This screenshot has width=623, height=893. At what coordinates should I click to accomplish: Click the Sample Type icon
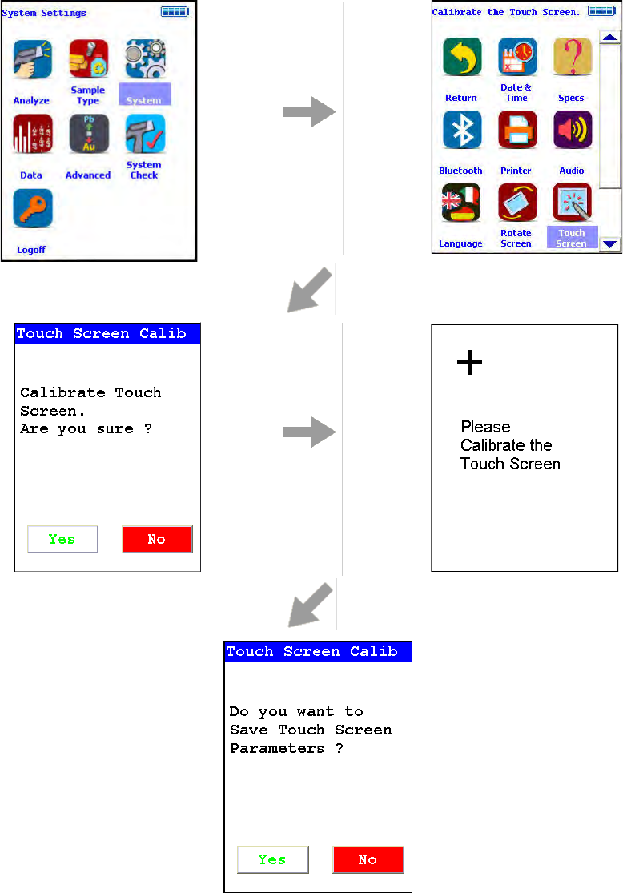[88, 59]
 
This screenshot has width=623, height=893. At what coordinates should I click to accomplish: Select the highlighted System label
[144, 100]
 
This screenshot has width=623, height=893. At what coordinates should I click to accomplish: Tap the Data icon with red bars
[33, 134]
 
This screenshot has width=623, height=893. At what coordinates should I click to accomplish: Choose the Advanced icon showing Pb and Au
[88, 134]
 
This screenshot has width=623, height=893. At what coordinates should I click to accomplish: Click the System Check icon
[144, 134]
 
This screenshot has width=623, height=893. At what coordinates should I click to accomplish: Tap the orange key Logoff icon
[33, 208]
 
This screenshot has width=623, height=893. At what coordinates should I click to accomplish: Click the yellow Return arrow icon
[462, 57]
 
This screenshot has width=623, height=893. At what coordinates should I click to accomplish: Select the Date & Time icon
[517, 57]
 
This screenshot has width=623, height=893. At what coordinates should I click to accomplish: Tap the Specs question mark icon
[572, 57]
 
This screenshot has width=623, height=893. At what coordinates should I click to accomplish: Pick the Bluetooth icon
[462, 130]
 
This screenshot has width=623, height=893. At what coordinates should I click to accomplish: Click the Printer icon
[517, 130]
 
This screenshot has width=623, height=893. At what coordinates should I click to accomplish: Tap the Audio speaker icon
[572, 130]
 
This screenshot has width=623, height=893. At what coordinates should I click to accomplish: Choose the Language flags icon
[462, 203]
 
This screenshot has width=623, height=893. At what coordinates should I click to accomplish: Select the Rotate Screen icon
[517, 203]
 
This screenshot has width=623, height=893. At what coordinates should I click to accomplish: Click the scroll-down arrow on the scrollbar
[611, 244]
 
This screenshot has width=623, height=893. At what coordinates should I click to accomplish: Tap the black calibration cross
[469, 364]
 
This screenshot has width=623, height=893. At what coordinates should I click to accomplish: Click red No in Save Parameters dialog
[368, 859]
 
